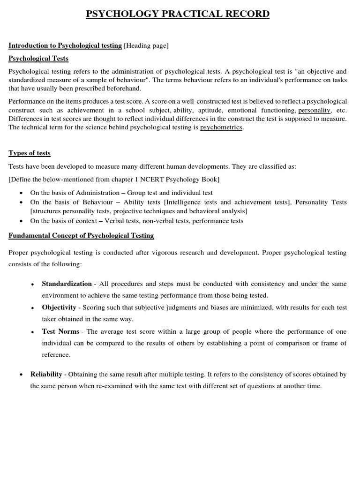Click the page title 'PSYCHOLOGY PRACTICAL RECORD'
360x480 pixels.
point(178,14)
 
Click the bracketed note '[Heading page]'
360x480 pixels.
point(146,45)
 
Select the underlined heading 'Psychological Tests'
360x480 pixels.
point(38,59)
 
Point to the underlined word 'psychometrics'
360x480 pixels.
point(221,127)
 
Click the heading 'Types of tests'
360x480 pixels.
point(30,153)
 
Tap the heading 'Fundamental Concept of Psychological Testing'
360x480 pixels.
point(81,235)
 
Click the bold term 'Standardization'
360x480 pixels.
point(67,284)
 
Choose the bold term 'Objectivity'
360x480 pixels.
point(59,307)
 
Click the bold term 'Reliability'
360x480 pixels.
point(46,374)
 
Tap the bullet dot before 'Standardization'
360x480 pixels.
point(32,285)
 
